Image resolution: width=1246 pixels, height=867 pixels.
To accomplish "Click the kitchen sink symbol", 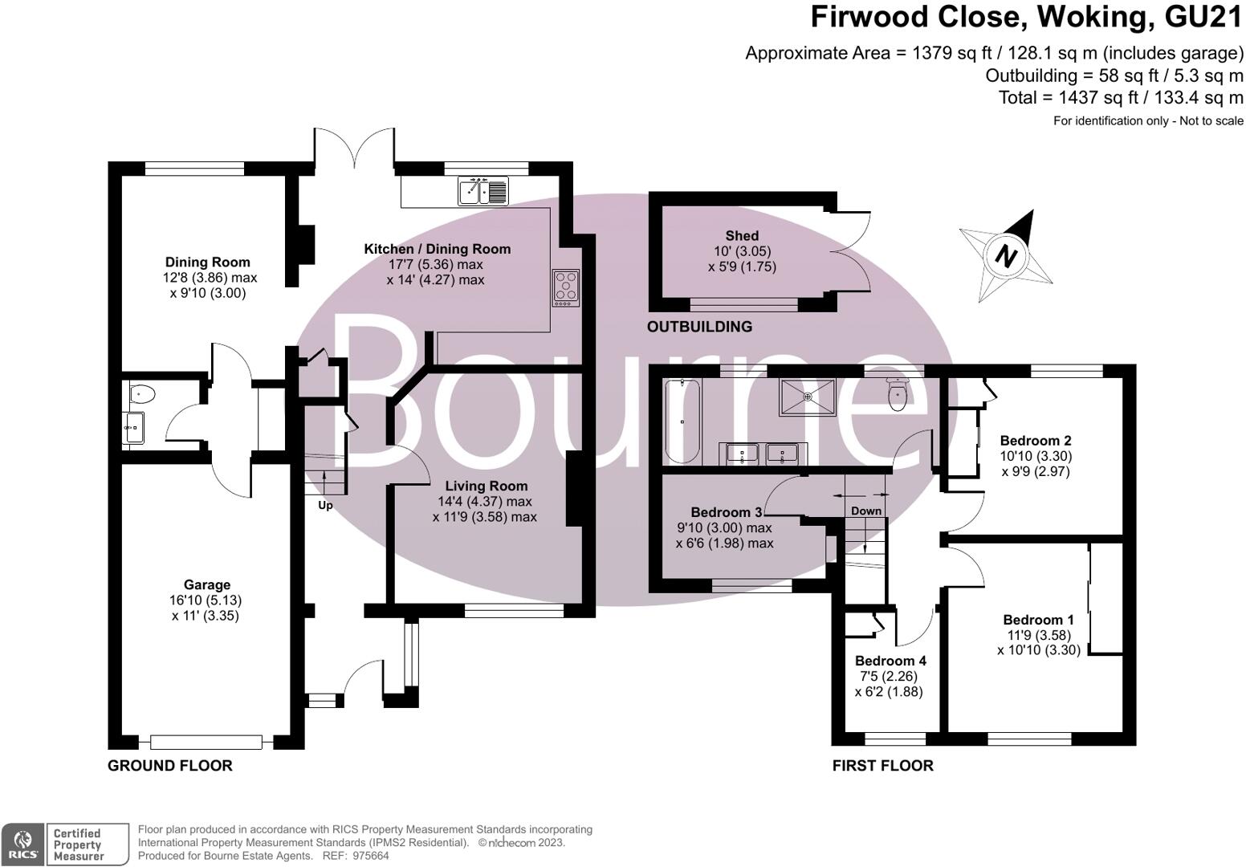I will pyautogui.click(x=483, y=191).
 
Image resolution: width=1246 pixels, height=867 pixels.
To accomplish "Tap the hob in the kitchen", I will pyautogui.click(x=566, y=288).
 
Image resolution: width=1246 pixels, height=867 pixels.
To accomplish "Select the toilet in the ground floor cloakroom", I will pyautogui.click(x=141, y=393).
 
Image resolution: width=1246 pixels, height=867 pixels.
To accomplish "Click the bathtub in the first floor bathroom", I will pyautogui.click(x=682, y=422).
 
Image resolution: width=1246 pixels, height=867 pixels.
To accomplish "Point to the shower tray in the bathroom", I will pyautogui.click(x=807, y=397).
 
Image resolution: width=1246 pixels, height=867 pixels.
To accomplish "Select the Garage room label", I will pyautogui.click(x=206, y=585).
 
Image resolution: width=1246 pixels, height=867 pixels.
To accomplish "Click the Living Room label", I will pyautogui.click(x=487, y=486).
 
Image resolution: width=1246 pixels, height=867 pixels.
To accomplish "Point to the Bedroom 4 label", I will pyautogui.click(x=890, y=661).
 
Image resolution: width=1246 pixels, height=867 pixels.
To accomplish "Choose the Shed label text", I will pyautogui.click(x=742, y=235).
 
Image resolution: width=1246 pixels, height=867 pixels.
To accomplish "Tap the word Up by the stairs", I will pyautogui.click(x=325, y=506).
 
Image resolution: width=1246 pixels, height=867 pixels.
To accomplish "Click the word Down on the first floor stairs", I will pyautogui.click(x=866, y=511).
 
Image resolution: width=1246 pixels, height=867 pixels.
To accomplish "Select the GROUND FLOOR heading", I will pyautogui.click(x=170, y=766).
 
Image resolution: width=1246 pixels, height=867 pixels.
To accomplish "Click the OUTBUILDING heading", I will pyautogui.click(x=699, y=327).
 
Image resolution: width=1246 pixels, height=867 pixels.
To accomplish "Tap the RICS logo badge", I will pyautogui.click(x=22, y=844).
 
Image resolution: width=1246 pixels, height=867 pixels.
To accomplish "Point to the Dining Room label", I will pyautogui.click(x=208, y=262).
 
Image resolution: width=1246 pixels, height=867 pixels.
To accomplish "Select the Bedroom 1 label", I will pyautogui.click(x=1038, y=620).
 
